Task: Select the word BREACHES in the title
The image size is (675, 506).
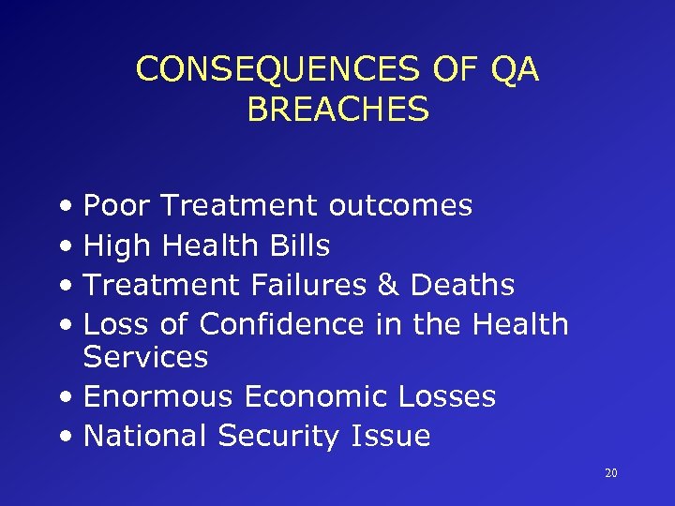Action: pyautogui.click(x=337, y=110)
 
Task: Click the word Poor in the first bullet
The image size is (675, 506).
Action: pyautogui.click(x=118, y=205)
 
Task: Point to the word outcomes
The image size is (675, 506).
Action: pyautogui.click(x=400, y=205)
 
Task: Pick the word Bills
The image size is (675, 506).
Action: pyautogui.click(x=299, y=246)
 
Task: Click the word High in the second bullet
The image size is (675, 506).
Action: pyautogui.click(x=118, y=246)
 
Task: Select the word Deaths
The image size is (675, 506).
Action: pyautogui.click(x=463, y=285)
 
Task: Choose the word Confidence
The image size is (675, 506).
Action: pyautogui.click(x=280, y=324)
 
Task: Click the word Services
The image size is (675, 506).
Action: pyautogui.click(x=145, y=357)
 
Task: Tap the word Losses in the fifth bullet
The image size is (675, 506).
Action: pyautogui.click(x=445, y=396)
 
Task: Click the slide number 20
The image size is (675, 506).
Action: pyautogui.click(x=610, y=474)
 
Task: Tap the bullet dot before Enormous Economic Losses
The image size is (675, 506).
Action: pyautogui.click(x=71, y=397)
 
